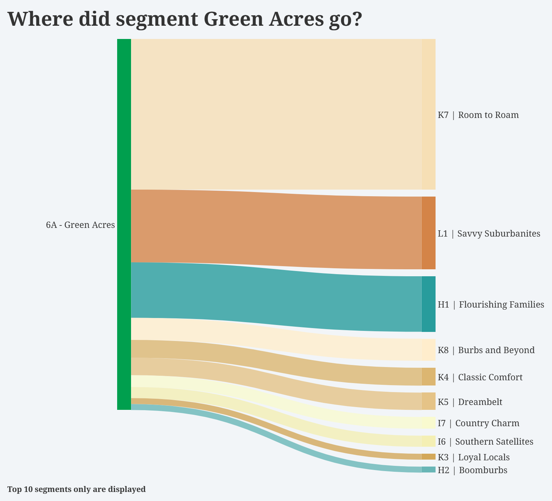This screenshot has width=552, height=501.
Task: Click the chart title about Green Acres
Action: pyautogui.click(x=185, y=19)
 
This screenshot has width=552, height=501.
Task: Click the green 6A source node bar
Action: pyautogui.click(x=124, y=224)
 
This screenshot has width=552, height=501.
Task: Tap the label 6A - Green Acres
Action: pyautogui.click(x=80, y=225)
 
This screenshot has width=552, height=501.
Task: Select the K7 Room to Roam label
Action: pyautogui.click(x=478, y=115)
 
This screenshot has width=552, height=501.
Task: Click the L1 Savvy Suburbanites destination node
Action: pyautogui.click(x=428, y=233)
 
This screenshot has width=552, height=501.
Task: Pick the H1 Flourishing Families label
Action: pyautogui.click(x=491, y=305)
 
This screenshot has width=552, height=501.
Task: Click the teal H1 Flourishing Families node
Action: pyautogui.click(x=428, y=304)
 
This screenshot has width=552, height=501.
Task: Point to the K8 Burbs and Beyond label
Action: pyautogui.click(x=486, y=350)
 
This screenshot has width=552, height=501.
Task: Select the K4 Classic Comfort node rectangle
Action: pyautogui.click(x=428, y=377)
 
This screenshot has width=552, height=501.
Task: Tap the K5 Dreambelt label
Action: pyautogui.click(x=470, y=402)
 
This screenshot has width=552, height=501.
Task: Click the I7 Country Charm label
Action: pyautogui.click(x=478, y=423)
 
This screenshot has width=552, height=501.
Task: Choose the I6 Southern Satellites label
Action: pyautogui.click(x=485, y=442)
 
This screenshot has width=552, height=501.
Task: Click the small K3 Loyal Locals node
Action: pyautogui.click(x=428, y=457)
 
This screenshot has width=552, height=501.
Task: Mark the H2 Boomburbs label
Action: pyautogui.click(x=472, y=470)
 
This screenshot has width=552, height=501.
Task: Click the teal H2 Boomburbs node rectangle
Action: pyautogui.click(x=428, y=470)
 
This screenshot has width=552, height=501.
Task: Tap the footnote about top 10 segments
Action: pyautogui.click(x=76, y=490)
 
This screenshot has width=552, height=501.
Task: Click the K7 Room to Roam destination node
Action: pyautogui.click(x=428, y=114)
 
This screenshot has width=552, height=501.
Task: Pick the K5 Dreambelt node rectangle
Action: pyautogui.click(x=428, y=401)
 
